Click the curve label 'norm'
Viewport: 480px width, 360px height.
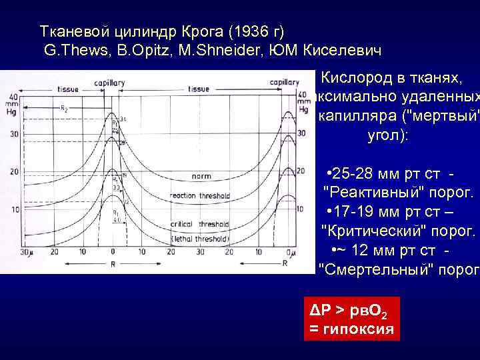[x=201, y=177]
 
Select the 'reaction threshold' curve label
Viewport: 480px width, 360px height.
[x=199, y=197]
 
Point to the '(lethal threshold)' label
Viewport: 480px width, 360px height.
[x=200, y=238]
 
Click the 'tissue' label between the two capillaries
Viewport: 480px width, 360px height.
[x=199, y=89]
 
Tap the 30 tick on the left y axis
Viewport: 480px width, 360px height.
[x=12, y=133]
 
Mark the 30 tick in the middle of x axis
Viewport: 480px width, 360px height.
[x=206, y=252]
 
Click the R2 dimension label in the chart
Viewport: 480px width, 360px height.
[x=63, y=108]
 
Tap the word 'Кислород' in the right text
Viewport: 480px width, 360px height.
[x=353, y=79]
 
